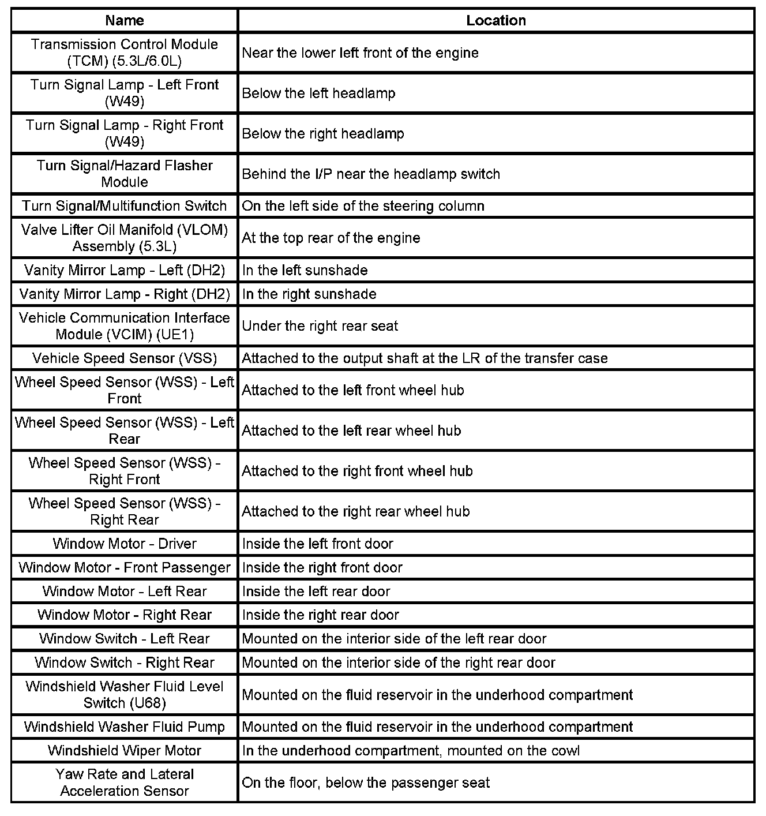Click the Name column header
point(125,21)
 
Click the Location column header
point(496,21)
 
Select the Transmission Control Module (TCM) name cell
point(125,53)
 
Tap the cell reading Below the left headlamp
point(318,93)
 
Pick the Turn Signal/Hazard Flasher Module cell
point(125,174)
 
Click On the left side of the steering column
point(363,206)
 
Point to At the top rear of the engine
point(331,238)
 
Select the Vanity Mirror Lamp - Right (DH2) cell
point(125,294)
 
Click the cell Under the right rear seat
point(320,326)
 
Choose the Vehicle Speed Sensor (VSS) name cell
point(125,358)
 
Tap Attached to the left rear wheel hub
point(351,431)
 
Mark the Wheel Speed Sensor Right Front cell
point(125,471)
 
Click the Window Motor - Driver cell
point(125,544)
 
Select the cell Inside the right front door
point(322,568)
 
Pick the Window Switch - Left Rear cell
point(125,639)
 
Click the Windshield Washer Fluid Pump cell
point(125,727)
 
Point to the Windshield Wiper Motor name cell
point(125,751)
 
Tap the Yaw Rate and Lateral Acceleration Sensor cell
point(125,783)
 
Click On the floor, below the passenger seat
point(366,783)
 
